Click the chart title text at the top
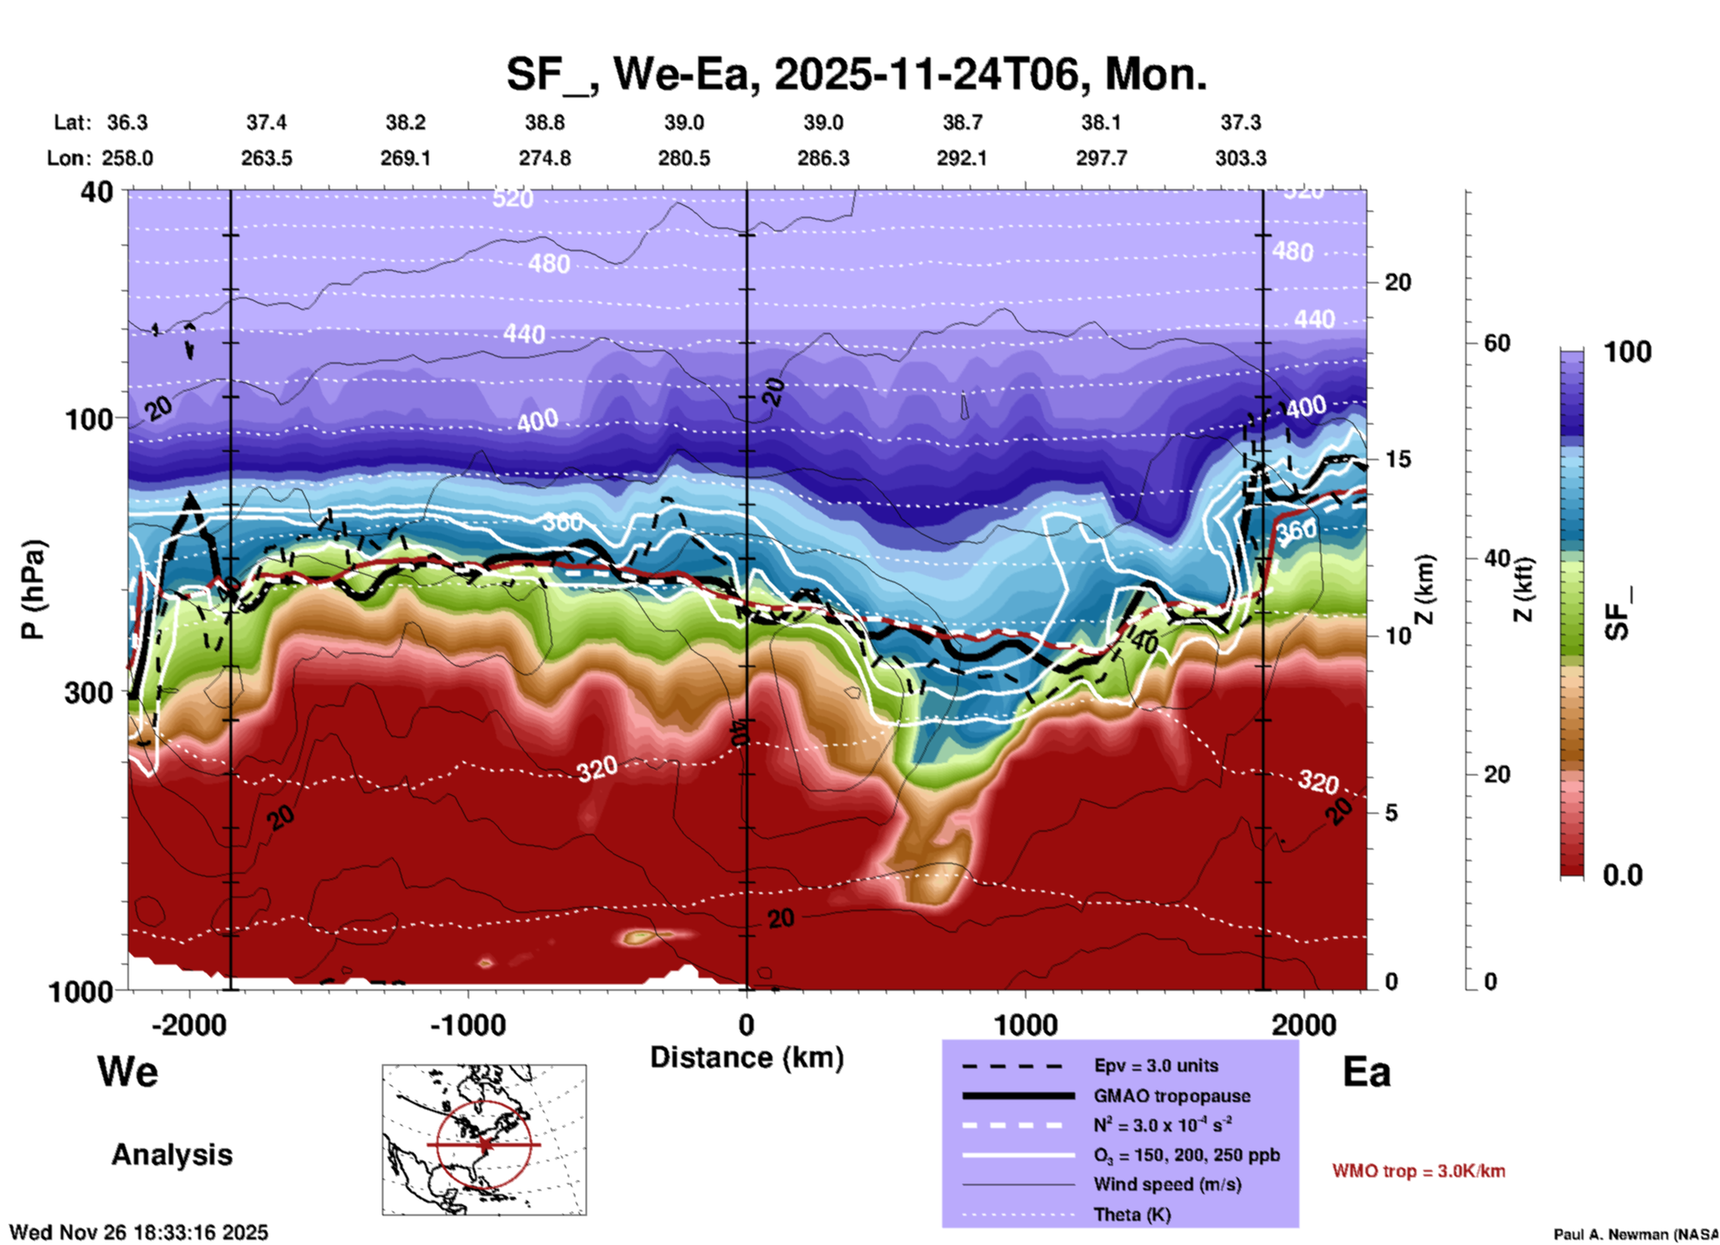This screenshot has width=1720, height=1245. (x=856, y=74)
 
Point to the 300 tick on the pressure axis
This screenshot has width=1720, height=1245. (x=89, y=692)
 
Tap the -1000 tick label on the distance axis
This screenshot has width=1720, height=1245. (x=468, y=1024)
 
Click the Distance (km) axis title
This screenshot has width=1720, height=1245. (x=747, y=1057)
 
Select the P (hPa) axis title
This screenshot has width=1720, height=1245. (x=33, y=589)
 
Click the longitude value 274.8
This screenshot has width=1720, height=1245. (x=545, y=158)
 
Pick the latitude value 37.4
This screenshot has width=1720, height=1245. (x=266, y=122)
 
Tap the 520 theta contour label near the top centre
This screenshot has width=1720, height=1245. (x=513, y=198)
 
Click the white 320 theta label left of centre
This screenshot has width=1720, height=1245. (x=597, y=769)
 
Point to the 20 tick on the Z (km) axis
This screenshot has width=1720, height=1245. (x=1398, y=282)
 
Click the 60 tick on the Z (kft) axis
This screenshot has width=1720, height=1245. (x=1497, y=343)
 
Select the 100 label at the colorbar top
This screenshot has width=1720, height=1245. (x=1627, y=352)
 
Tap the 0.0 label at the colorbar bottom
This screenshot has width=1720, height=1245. (x=1623, y=874)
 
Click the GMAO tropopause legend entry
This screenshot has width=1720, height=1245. (x=1172, y=1096)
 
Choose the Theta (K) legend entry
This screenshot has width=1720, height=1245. (x=1131, y=1215)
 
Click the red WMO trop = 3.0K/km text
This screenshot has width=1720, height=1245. (x=1418, y=1171)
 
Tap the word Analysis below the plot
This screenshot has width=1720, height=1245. (x=171, y=1155)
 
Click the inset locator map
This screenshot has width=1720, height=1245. (x=484, y=1140)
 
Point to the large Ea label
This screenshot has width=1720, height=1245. (x=1366, y=1072)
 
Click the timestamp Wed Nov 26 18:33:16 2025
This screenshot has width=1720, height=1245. (x=138, y=1232)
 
